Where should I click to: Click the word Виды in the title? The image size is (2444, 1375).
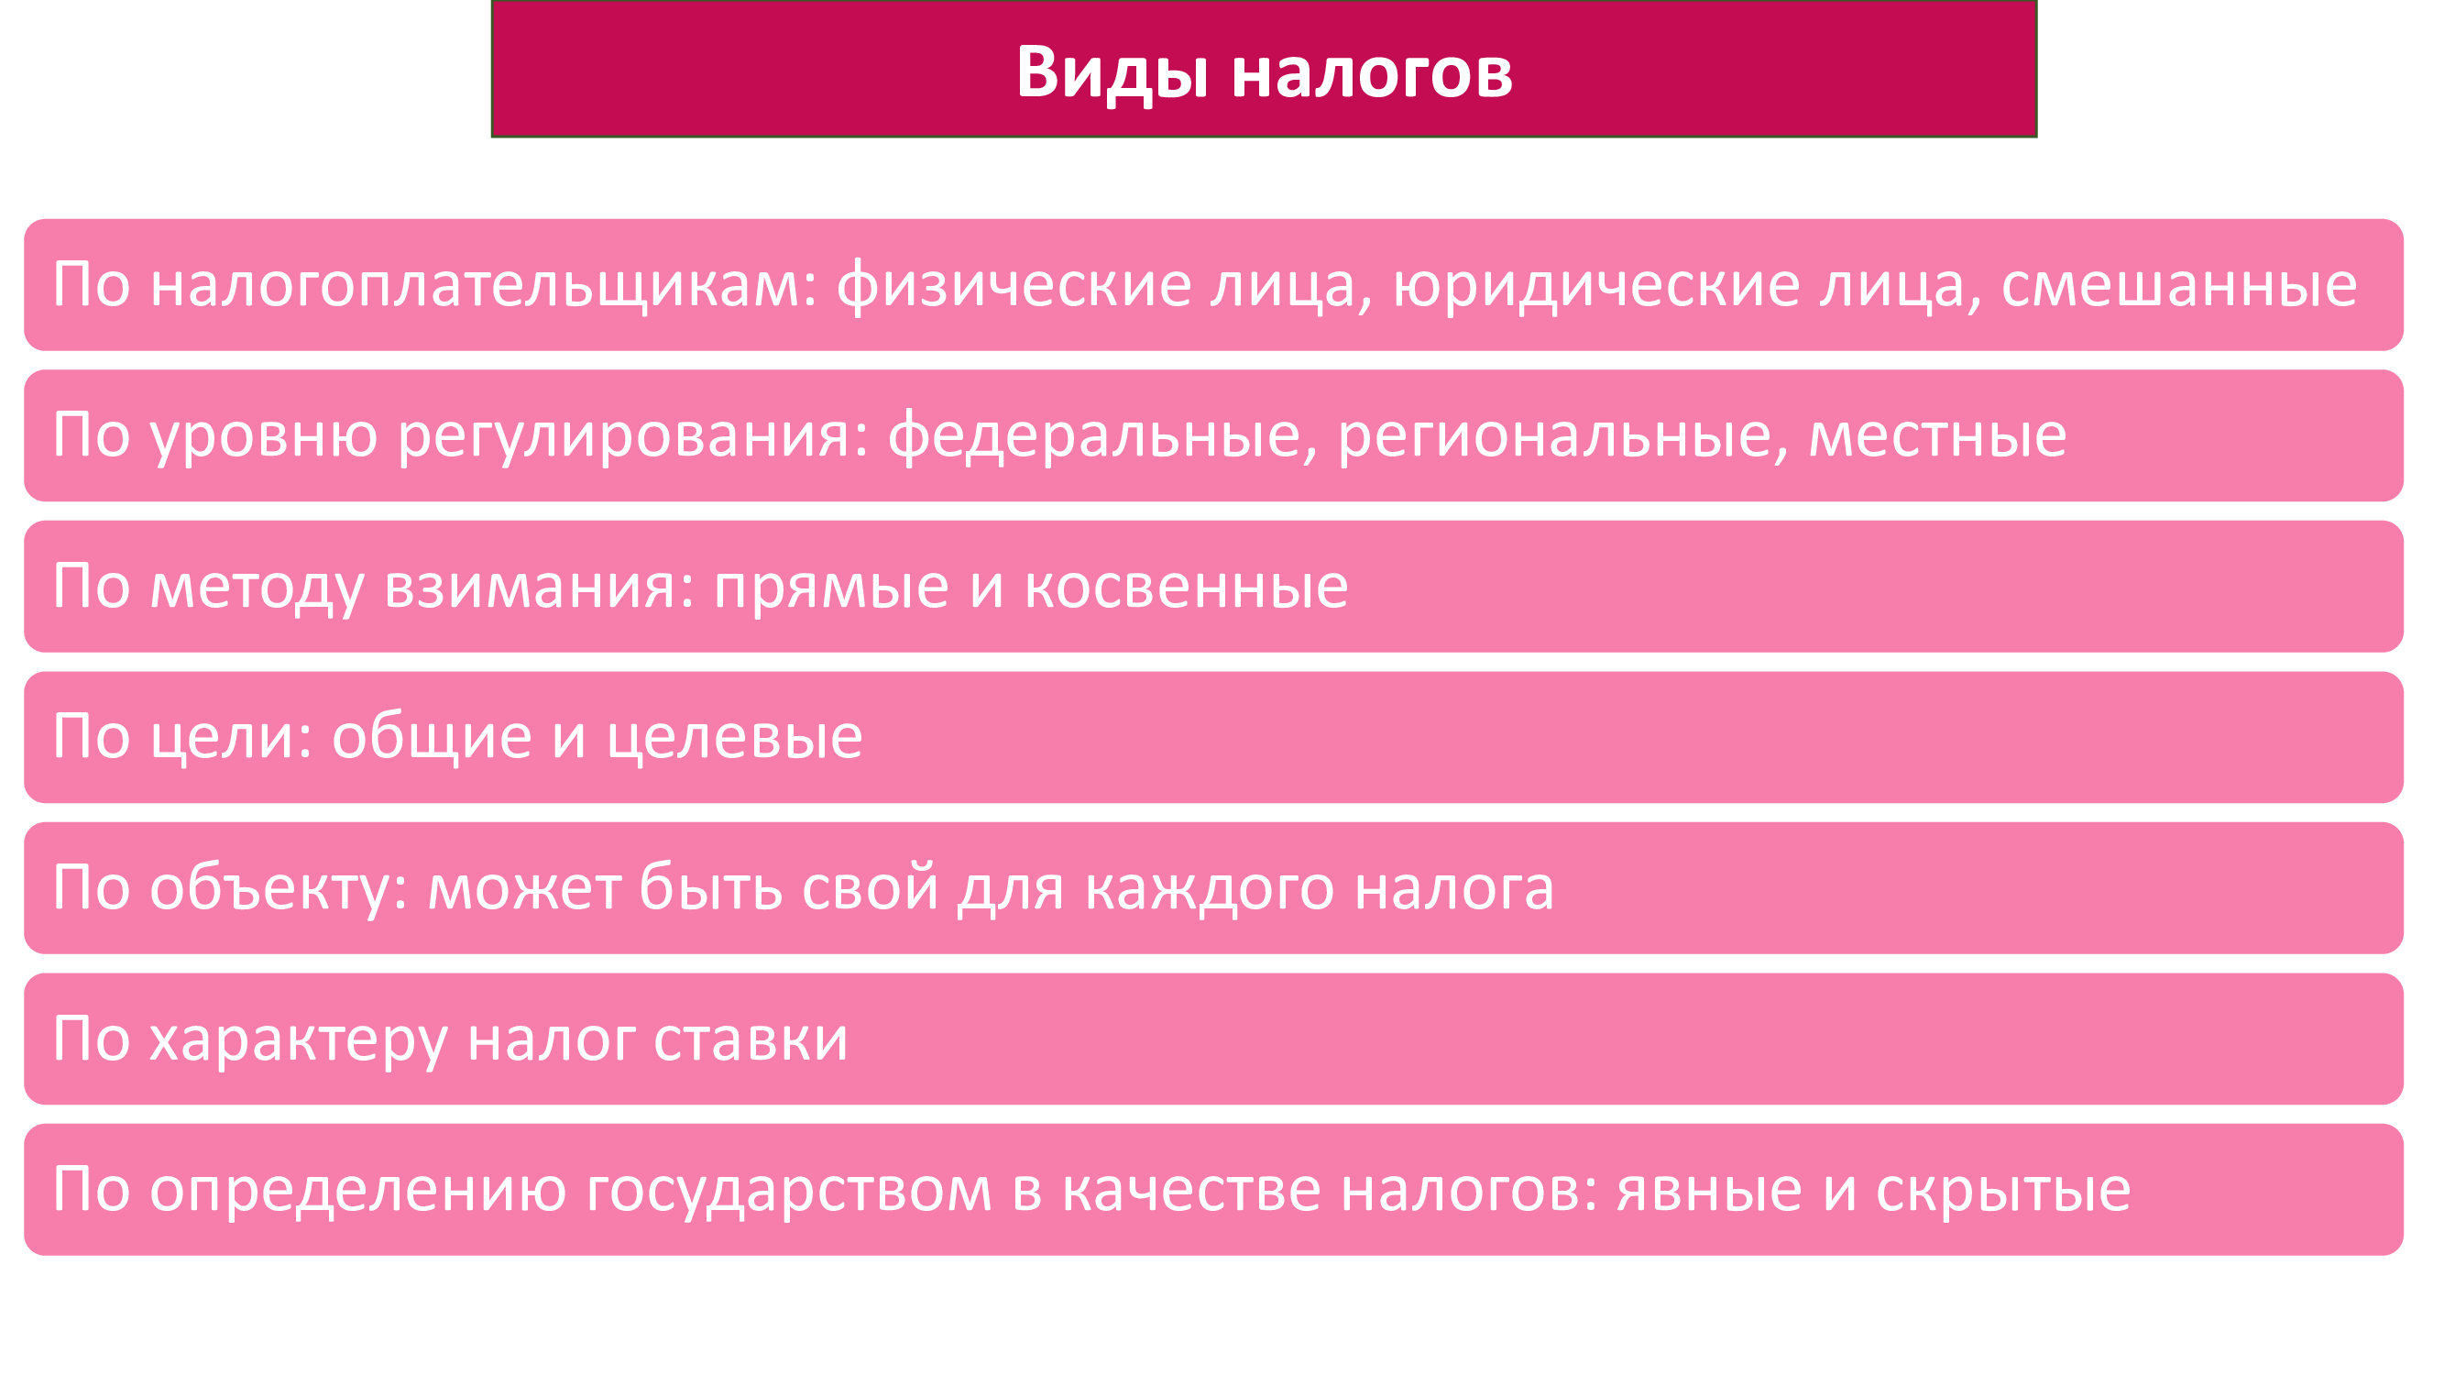pos(1112,73)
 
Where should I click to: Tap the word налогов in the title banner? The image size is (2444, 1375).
pos(1372,73)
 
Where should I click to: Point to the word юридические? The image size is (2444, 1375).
pos(1596,286)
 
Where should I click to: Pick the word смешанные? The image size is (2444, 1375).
pos(2179,286)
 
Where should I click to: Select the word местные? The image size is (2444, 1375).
pos(1937,436)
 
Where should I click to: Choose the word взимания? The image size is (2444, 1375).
pos(539,588)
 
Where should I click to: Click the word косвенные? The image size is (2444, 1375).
pos(1187,588)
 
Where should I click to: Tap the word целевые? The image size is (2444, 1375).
pos(735,737)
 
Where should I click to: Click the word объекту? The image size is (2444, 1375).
pos(278,888)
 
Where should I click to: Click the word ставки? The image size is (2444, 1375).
pos(751,1040)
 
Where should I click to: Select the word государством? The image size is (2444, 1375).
pos(789,1191)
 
